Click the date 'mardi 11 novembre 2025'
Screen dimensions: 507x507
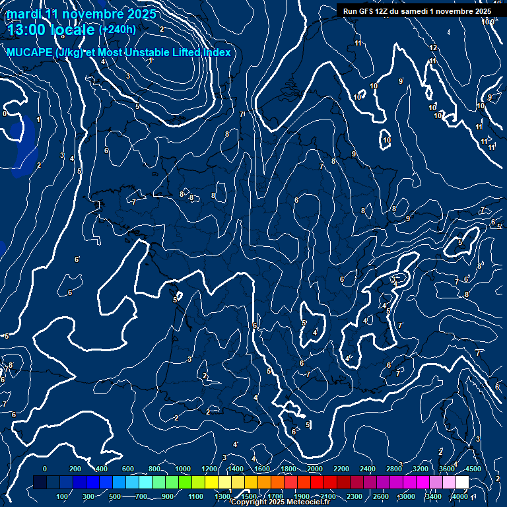pos(81,14)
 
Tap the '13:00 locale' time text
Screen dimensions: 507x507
pos(51,30)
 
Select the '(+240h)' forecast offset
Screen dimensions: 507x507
pos(118,29)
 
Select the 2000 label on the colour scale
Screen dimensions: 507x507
pos(315,469)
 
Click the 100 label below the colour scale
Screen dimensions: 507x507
pos(62,496)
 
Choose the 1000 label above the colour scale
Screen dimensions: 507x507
pos(182,469)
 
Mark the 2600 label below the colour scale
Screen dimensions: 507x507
pos(381,496)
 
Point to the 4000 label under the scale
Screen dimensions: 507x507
pos(460,496)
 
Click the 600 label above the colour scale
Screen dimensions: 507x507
pos(128,469)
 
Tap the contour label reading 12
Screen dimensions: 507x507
pos(433,48)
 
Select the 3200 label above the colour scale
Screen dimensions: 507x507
pos(420,469)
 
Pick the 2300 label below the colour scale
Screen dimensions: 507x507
pos(355,496)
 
